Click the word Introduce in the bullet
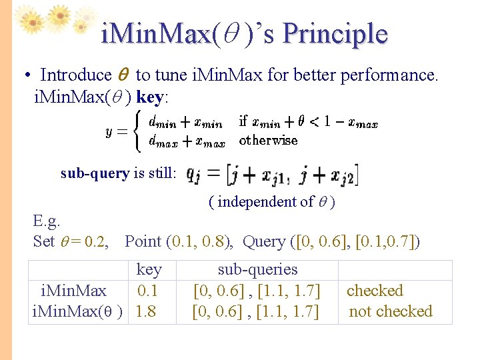76,75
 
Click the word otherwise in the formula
268,140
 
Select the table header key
149,269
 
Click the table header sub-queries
257,269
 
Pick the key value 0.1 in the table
147,291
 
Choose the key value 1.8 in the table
146,311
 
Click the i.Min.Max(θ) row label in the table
77,311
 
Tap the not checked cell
391,311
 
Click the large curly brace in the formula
137,131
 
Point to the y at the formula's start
109,131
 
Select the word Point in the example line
143,241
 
